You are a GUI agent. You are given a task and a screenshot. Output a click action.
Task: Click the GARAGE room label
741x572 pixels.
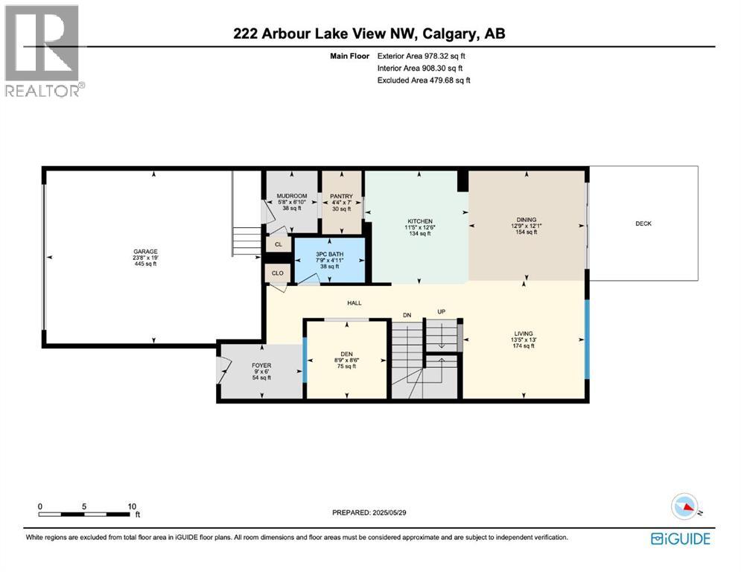pyautogui.click(x=145, y=252)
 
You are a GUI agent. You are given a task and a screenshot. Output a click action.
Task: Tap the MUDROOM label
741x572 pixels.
pyautogui.click(x=292, y=196)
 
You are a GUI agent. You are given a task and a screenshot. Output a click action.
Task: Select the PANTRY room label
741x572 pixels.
pyautogui.click(x=341, y=196)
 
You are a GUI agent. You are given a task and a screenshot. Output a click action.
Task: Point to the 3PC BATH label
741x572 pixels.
pyautogui.click(x=329, y=254)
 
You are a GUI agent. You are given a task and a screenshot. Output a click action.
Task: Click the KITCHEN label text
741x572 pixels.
pyautogui.click(x=420, y=221)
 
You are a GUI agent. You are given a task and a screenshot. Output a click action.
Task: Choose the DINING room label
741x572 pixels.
pyautogui.click(x=527, y=220)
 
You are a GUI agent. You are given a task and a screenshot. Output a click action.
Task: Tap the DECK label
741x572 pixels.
pyautogui.click(x=643, y=223)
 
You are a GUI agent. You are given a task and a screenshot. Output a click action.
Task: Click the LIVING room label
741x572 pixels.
pyautogui.click(x=524, y=334)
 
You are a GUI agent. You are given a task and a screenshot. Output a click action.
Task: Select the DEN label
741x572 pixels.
pyautogui.click(x=346, y=354)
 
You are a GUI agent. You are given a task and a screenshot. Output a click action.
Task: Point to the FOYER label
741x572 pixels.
pyautogui.click(x=261, y=366)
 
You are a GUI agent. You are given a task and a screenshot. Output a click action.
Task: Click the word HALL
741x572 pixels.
pyautogui.click(x=354, y=303)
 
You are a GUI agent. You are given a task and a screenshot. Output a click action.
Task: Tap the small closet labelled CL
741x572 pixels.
pyautogui.click(x=279, y=244)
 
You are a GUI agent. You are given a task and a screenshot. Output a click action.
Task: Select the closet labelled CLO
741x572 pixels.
pyautogui.click(x=277, y=273)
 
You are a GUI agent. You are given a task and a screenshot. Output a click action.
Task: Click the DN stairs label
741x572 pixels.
pyautogui.click(x=407, y=315)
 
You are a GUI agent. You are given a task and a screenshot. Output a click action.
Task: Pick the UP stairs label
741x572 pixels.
pyautogui.click(x=442, y=312)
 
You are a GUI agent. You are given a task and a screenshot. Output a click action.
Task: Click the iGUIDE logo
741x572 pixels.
pyautogui.click(x=681, y=539)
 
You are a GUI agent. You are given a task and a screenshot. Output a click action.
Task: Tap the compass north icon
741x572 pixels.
pyautogui.click(x=684, y=506)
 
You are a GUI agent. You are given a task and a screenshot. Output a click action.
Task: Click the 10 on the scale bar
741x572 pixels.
pyautogui.click(x=132, y=506)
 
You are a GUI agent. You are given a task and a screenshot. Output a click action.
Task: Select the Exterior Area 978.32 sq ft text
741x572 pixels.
pyautogui.click(x=421, y=56)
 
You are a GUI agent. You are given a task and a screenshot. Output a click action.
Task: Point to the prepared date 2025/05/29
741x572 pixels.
pyautogui.click(x=389, y=512)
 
